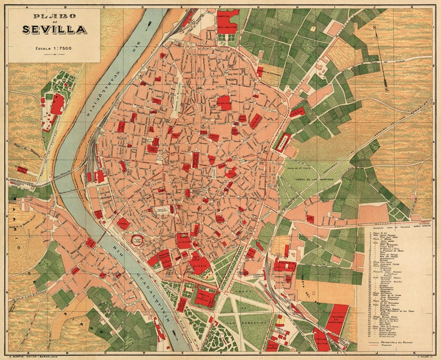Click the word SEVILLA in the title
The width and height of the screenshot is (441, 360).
pos(54,29)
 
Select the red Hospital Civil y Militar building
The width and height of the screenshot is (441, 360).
pos(228,20)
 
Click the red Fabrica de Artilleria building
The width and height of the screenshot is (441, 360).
pos(285,266)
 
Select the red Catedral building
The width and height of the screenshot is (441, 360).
pos(184,240)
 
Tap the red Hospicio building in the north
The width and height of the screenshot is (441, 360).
pos(224,102)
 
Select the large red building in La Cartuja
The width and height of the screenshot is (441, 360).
pos(57,104)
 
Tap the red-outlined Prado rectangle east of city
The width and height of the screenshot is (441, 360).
pos(283,142)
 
